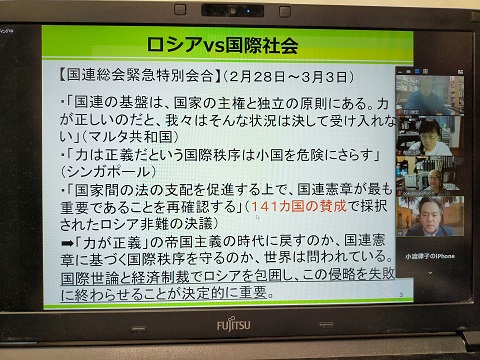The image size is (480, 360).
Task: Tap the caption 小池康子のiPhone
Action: coord(431,255)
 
